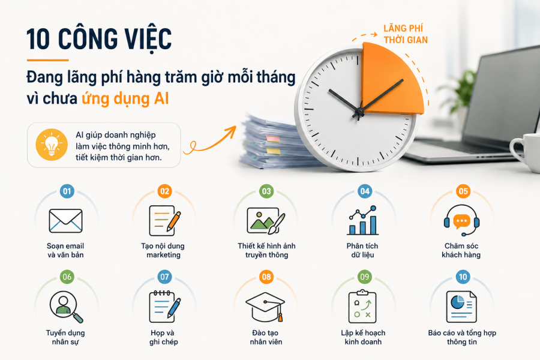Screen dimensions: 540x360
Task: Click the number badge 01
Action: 67,191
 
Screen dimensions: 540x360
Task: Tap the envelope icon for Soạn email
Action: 65,220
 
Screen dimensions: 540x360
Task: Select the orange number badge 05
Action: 463,191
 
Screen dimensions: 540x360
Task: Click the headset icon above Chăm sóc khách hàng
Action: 461,220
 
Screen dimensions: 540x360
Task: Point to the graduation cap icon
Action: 266,307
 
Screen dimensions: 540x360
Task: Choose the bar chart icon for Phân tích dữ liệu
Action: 363,220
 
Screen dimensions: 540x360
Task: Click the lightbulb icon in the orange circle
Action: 52,145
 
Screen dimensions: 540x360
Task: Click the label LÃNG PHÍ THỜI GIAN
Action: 406,34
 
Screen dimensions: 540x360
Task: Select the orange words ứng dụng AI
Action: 125,98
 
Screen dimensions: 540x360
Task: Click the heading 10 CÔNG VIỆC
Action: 99,39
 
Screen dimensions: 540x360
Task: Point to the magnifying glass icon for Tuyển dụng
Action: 66,307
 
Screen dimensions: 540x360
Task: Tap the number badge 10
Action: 463,277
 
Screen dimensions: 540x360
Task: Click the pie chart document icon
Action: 461,307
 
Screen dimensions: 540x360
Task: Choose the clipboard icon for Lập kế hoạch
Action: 362,306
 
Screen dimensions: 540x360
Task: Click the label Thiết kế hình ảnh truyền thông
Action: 266,250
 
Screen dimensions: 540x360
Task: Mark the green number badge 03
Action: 266,191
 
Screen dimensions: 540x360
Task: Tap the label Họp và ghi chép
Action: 163,337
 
